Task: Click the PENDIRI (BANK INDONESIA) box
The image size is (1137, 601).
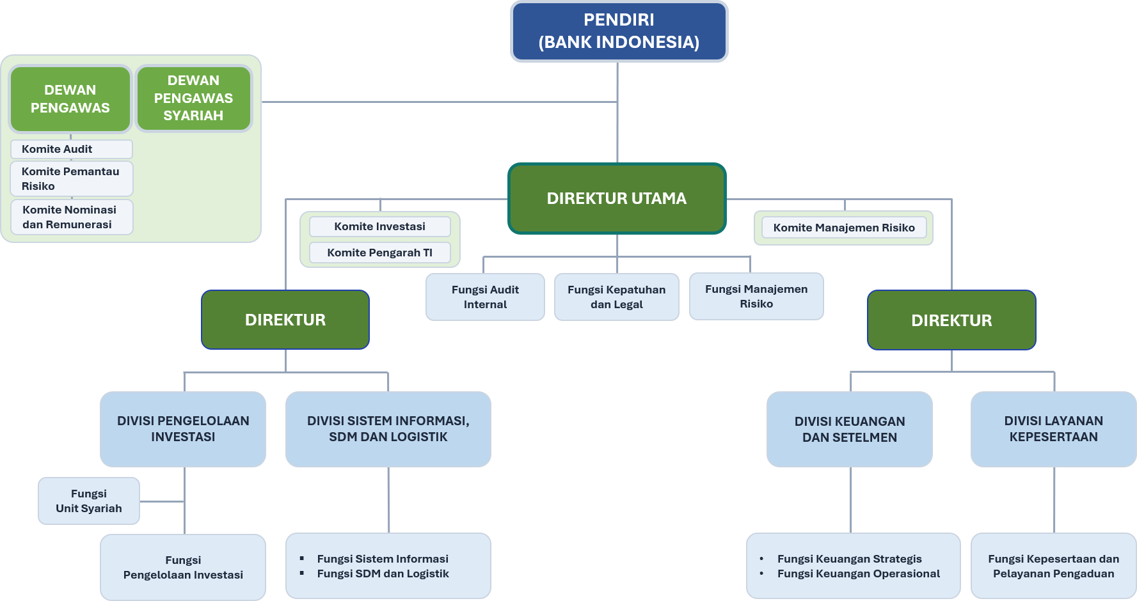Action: [x=619, y=31]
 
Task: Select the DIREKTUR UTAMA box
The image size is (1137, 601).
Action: [x=617, y=198]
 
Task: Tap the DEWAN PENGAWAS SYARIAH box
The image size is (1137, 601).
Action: [x=193, y=98]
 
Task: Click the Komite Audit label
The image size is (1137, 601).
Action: [x=57, y=149]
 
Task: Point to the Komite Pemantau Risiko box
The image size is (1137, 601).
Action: [x=72, y=178]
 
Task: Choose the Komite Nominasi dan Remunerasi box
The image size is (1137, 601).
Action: [x=72, y=217]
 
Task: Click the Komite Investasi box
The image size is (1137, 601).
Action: [x=380, y=226]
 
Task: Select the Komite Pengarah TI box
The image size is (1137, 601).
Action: [x=380, y=253]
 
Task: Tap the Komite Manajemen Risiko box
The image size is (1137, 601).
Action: [x=844, y=228]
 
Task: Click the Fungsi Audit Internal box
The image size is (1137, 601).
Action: [x=485, y=297]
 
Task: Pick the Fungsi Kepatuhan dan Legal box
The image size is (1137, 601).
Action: [x=617, y=297]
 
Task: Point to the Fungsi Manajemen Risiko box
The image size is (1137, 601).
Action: [x=756, y=297]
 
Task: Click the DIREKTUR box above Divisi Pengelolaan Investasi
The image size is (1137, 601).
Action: [x=285, y=320]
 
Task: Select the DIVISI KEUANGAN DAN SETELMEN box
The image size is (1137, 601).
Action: [x=850, y=429]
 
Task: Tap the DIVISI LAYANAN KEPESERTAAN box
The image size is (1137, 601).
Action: [x=1054, y=429]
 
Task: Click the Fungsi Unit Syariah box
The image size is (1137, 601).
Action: [x=89, y=501]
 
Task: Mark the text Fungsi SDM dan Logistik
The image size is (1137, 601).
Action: [x=383, y=574]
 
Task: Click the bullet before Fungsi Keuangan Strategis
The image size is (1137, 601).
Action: [x=761, y=559]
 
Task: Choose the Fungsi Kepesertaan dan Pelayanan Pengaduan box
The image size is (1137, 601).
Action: [x=1054, y=566]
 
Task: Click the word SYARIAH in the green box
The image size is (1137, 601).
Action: [x=193, y=116]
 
